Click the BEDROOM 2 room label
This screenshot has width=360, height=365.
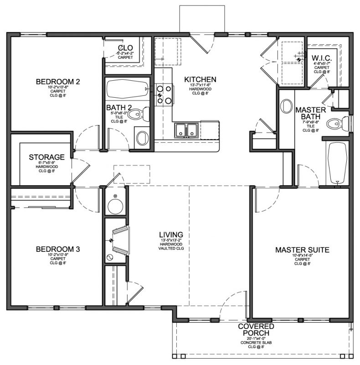coord(58,82)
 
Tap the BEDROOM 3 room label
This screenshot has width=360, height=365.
coord(58,249)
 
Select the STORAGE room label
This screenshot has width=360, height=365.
coord(46,157)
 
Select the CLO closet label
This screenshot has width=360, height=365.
coord(125,48)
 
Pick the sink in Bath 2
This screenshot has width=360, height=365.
coord(142,137)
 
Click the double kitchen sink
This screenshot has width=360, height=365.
coord(187,130)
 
